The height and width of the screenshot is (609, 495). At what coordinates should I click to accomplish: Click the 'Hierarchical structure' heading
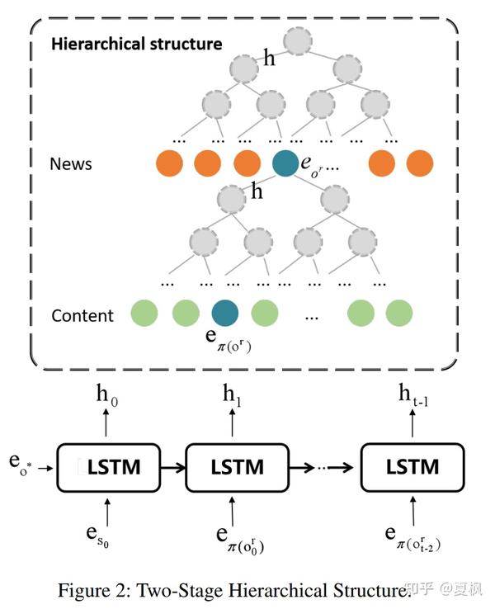click(x=136, y=44)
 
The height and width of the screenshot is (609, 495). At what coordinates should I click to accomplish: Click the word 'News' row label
click(x=71, y=163)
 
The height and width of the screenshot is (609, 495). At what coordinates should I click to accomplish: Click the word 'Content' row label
click(x=82, y=315)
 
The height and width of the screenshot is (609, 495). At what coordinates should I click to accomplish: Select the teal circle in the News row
click(x=286, y=163)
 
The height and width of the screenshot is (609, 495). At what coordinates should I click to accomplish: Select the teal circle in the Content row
click(x=225, y=314)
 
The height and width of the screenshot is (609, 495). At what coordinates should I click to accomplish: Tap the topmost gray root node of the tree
click(x=299, y=40)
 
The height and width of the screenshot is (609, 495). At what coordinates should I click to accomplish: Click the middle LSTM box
click(x=237, y=467)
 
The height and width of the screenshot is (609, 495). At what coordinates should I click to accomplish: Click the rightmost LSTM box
click(x=412, y=467)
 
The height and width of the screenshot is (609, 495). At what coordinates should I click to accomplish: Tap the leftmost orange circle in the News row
click(x=168, y=163)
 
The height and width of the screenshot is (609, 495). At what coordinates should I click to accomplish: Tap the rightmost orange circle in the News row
click(x=420, y=163)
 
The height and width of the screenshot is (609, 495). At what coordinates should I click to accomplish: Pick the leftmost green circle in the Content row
click(x=145, y=314)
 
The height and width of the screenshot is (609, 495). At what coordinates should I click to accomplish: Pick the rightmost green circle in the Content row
click(x=399, y=314)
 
